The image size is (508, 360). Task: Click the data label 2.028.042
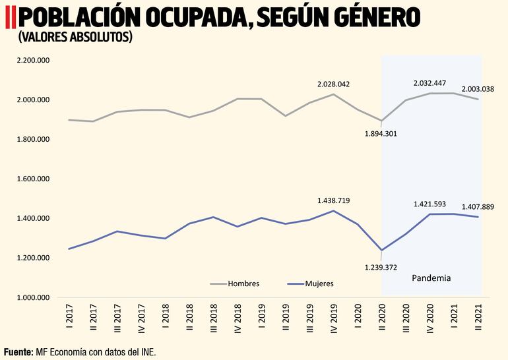pos(333,84)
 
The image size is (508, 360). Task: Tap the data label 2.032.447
pos(429,83)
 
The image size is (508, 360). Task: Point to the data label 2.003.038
pos(478,89)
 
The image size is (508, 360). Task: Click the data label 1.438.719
pos(333,200)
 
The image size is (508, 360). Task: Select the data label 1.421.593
pos(429,204)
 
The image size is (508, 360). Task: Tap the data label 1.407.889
pos(478,206)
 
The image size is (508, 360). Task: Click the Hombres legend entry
pos(243,284)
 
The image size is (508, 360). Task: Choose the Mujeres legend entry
pos(319,284)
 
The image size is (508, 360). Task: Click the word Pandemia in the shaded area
pos(431,278)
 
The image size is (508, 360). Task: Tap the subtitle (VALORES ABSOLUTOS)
pos(75,38)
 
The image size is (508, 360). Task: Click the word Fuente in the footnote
pos(18,352)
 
